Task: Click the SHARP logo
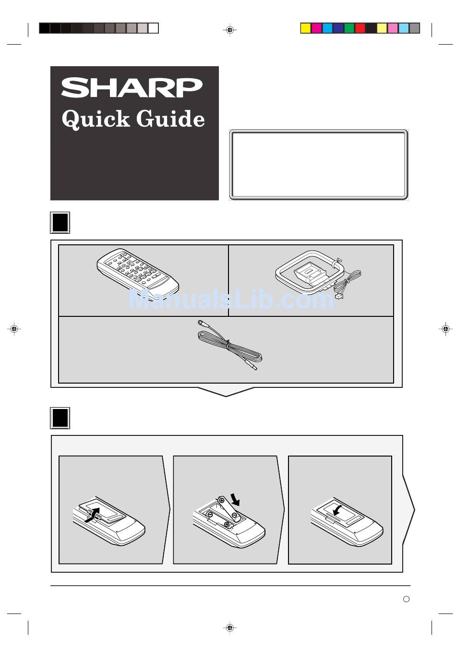click(132, 88)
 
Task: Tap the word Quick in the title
click(96, 119)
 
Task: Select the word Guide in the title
click(170, 119)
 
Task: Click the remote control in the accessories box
click(138, 272)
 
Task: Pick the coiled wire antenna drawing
click(231, 345)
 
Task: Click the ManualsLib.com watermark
click(231, 300)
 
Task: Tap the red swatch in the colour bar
click(360, 28)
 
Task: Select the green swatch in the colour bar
click(349, 28)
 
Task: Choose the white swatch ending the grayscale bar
click(153, 28)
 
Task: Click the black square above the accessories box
click(60, 223)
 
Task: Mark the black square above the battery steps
click(60, 418)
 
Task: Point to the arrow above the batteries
click(235, 499)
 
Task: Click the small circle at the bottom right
click(406, 599)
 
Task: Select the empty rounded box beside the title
click(319, 165)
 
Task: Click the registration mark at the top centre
click(230, 30)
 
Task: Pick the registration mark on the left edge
click(14, 329)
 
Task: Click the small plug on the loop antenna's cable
click(339, 297)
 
